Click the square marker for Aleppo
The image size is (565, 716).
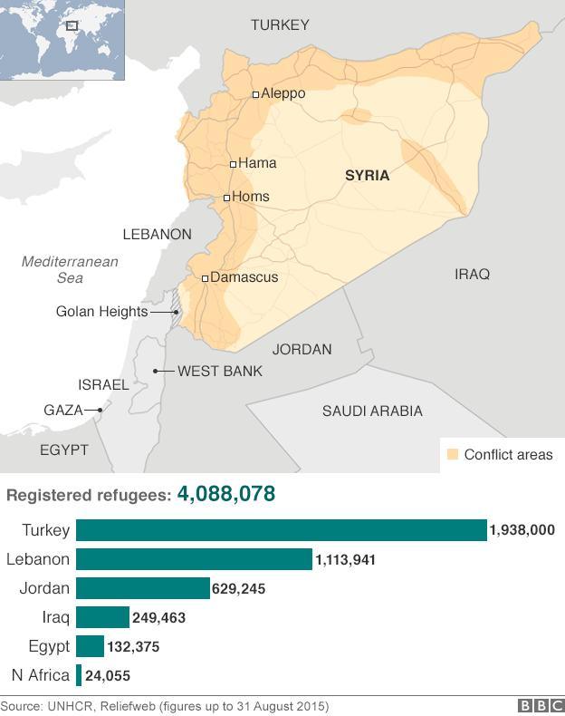(255, 93)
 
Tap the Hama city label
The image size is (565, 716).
(257, 163)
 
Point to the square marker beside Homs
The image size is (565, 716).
(226, 197)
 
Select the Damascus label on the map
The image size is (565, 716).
(244, 276)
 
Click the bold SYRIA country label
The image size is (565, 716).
(367, 175)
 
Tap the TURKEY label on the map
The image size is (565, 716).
(280, 25)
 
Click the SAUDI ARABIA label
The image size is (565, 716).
(372, 411)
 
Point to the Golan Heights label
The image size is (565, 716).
(101, 312)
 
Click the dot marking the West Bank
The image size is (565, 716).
(156, 371)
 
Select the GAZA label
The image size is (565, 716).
(63, 410)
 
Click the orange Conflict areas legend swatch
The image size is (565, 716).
(450, 454)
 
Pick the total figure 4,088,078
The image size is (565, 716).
(226, 494)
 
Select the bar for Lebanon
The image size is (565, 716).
(194, 559)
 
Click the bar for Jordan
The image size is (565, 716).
(142, 588)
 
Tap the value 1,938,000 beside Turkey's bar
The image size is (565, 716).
(522, 531)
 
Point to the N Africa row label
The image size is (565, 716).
(40, 675)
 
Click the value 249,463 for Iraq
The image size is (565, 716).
(159, 618)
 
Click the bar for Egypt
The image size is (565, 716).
(90, 646)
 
